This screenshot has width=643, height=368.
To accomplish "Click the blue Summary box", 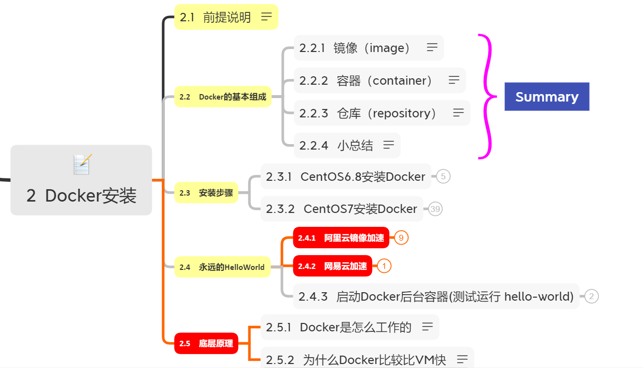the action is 547,97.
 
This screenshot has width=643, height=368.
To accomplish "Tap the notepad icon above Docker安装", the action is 82,164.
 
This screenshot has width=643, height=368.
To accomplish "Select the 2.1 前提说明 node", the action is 226,17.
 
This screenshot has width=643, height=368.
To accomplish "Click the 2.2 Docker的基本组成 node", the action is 223,97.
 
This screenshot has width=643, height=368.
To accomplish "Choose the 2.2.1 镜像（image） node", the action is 368,48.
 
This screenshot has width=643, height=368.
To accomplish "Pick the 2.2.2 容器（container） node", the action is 379,80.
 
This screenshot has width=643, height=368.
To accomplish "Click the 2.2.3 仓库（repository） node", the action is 381,113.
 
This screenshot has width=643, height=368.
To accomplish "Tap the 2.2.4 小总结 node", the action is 347,145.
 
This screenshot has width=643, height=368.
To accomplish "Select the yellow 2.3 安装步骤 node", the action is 206,193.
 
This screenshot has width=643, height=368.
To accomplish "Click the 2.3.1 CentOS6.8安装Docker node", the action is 345,176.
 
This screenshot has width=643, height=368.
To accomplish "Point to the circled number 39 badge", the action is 435,209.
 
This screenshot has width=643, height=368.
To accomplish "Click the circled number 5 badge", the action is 443,176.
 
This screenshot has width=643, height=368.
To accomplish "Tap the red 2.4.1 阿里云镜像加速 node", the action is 341,238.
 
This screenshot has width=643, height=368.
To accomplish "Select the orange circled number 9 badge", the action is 401,238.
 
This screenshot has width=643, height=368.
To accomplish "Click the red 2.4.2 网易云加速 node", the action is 332,266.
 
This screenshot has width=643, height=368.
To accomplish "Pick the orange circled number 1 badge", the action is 384,266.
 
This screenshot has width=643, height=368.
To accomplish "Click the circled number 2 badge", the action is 591,296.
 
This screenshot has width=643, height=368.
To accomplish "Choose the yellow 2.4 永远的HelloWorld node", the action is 222,267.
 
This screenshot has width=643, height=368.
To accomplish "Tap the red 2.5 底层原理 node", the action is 206,343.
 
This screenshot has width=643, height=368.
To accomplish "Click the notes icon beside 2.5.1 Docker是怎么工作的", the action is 427,327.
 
